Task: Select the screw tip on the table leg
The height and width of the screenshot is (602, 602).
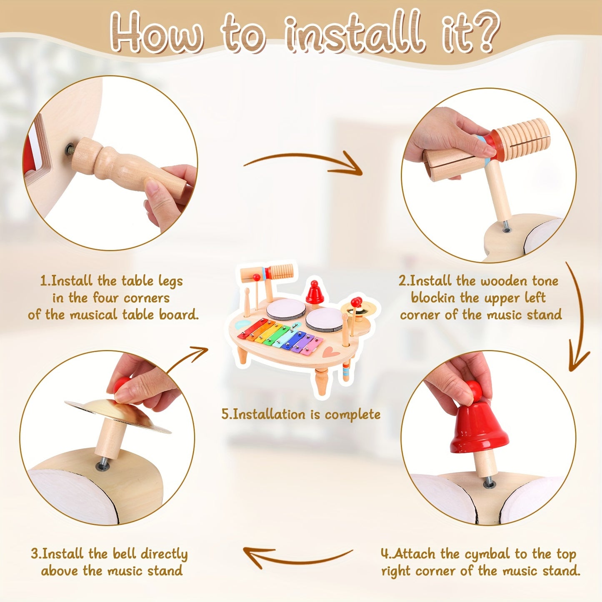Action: click(69, 149)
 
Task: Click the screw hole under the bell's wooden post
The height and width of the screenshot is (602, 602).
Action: click(489, 485)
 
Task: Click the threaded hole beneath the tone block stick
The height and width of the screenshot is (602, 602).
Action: click(507, 230)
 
